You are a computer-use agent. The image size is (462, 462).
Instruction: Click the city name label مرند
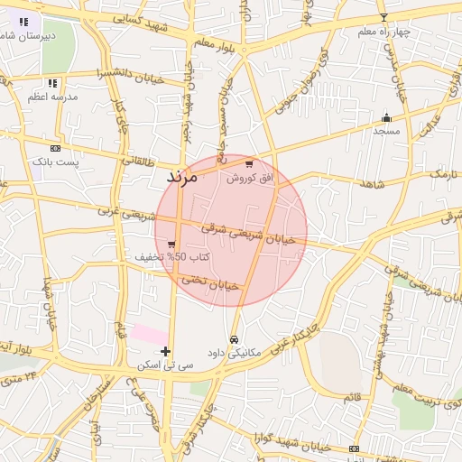[181, 177]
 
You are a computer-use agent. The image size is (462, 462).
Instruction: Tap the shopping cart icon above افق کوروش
[249, 164]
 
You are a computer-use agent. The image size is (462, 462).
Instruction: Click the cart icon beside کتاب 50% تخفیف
[171, 244]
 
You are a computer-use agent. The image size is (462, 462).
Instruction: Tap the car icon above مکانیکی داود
[235, 339]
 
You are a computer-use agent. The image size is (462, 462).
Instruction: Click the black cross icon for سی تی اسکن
[165, 351]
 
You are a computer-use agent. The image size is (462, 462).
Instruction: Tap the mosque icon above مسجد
[387, 117]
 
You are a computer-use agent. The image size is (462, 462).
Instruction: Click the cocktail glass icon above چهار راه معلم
[383, 18]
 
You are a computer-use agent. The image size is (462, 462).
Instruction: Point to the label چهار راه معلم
[383, 32]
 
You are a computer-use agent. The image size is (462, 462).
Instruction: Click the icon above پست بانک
[56, 148]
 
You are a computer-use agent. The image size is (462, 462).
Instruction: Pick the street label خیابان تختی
[210, 282]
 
